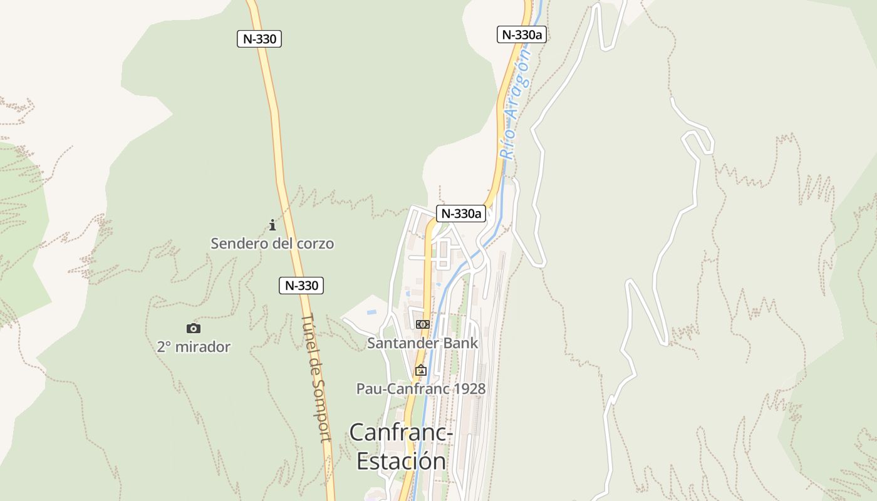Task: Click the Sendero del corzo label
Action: [272, 244]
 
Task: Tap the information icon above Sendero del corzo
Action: [272, 225]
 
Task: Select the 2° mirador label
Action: [194, 346]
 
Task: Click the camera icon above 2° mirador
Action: [194, 328]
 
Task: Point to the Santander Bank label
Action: [422, 343]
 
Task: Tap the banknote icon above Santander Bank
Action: [422, 324]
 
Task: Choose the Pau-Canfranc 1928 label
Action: [420, 389]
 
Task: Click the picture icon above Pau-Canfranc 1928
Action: [420, 370]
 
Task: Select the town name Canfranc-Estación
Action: [401, 447]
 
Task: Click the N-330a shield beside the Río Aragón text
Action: [522, 34]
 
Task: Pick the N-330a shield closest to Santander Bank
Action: [461, 214]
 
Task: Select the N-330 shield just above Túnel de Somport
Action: [301, 286]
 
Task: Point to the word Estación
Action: [401, 461]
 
